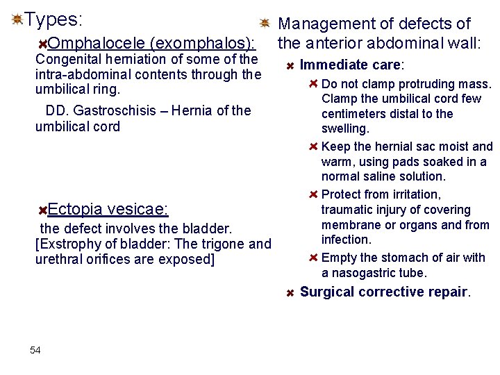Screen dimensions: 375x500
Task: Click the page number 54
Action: pyautogui.click(x=35, y=350)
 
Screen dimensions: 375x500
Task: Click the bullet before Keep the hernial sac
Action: pyautogui.click(x=313, y=147)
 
